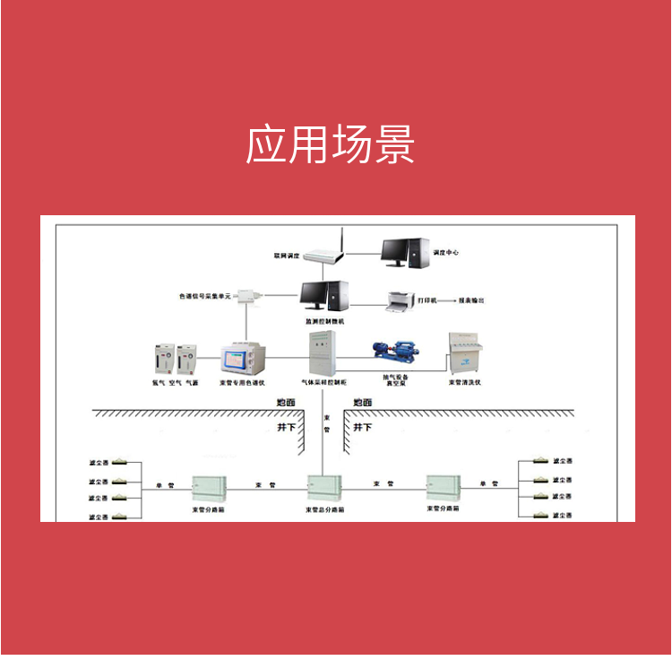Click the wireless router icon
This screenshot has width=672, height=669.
click(324, 252)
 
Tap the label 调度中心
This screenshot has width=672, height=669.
click(446, 253)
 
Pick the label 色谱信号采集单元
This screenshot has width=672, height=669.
click(205, 295)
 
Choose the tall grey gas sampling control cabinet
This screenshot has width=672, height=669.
click(323, 354)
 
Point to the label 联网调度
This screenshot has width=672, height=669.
click(287, 254)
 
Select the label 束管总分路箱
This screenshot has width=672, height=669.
click(323, 509)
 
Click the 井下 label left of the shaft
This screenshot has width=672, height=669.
click(286, 428)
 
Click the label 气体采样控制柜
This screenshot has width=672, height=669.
click(323, 382)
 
